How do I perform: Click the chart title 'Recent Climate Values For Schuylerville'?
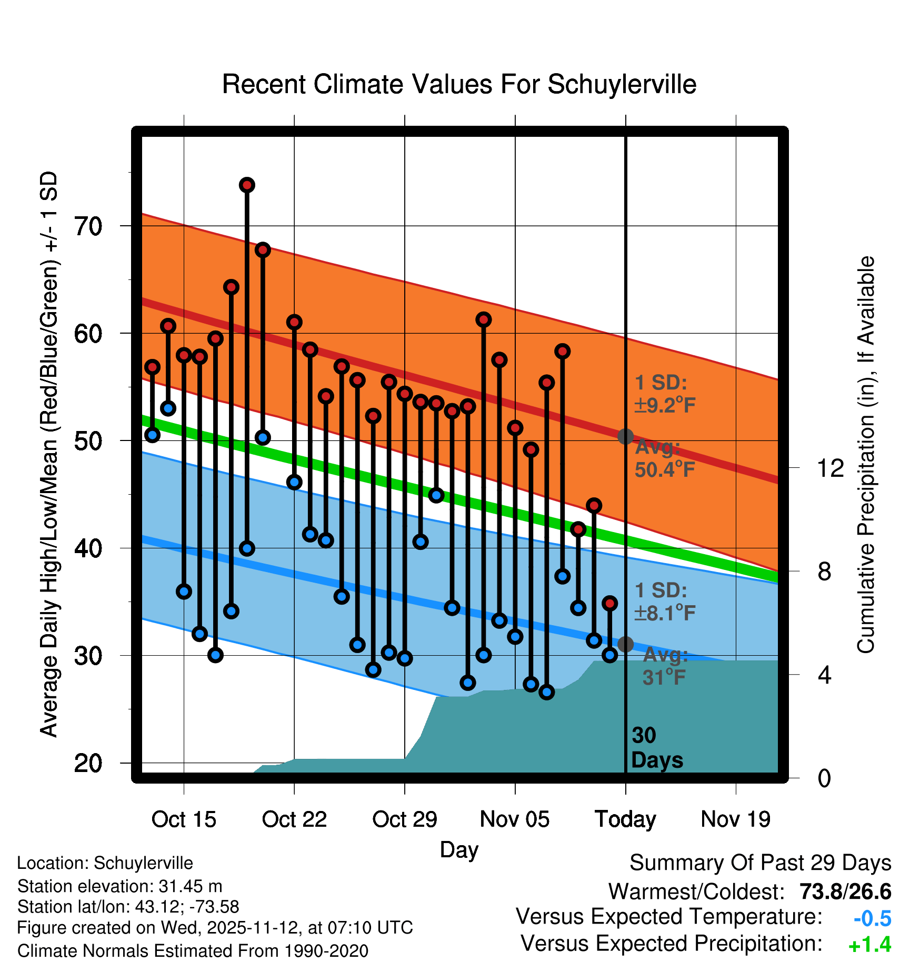coord(459,84)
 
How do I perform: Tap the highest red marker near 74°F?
coord(247,185)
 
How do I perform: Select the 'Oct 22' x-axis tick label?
coord(294,819)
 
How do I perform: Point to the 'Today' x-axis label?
coord(625,819)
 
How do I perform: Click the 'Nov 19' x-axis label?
coord(735,819)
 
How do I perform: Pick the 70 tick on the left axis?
coord(88,226)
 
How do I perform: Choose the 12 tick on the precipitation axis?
coord(831,468)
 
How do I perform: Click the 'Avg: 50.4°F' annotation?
coord(664,458)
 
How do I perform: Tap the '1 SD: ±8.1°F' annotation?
coord(664,602)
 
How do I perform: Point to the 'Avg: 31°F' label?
coord(665,666)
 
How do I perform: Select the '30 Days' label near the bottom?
coord(656,748)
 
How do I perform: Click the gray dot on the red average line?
coord(625,436)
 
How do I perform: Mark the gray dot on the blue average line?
coord(625,644)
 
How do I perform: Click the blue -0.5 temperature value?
coord(872,919)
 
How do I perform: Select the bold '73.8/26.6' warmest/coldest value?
coord(845,892)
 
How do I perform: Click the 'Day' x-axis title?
coord(459,850)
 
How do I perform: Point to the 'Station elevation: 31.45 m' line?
coord(119,886)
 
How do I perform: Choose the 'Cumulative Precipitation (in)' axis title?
coord(866,455)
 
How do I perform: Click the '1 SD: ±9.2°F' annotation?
coord(664,394)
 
